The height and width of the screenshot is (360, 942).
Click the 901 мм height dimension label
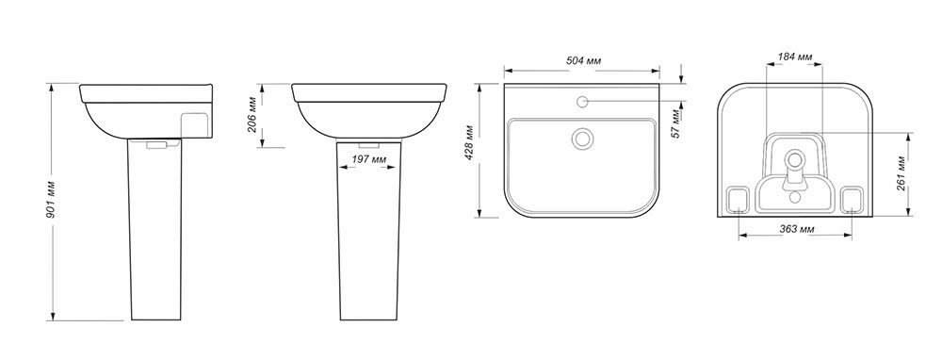click(x=52, y=199)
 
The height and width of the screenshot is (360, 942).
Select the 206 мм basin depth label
click(x=253, y=114)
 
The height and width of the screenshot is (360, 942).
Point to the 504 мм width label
click(x=583, y=60)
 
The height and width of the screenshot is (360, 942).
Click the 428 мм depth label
click(x=469, y=143)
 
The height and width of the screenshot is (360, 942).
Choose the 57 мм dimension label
click(x=675, y=124)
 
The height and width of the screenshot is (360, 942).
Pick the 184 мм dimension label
click(x=794, y=57)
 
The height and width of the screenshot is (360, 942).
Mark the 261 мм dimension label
click(x=901, y=173)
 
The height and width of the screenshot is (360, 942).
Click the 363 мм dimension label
click(x=797, y=229)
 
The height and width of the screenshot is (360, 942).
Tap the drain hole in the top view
click(x=581, y=139)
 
